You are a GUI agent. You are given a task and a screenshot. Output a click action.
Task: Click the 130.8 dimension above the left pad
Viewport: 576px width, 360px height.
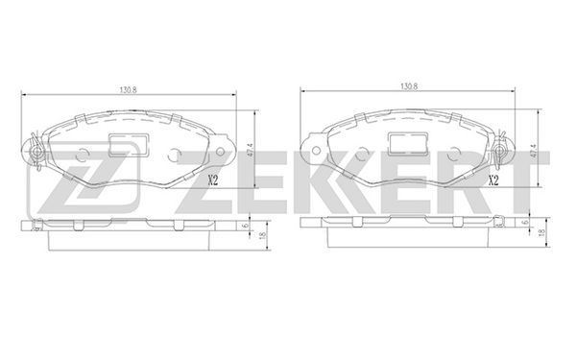128,89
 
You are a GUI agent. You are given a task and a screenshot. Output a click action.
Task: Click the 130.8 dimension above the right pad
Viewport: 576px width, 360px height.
409,86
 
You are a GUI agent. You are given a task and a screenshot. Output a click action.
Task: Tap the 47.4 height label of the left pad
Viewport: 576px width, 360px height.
252,150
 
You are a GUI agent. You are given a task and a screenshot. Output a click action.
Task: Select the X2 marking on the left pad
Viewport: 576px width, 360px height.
213,180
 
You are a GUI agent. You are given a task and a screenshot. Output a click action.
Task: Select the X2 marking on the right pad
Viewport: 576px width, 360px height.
493,180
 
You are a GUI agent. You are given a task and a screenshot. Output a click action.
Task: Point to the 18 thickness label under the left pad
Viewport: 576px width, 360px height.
262,236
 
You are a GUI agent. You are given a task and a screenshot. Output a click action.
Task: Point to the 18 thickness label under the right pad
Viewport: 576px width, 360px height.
540,232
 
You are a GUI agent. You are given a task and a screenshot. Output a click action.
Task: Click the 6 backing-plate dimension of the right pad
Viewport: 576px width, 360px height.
525,223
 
